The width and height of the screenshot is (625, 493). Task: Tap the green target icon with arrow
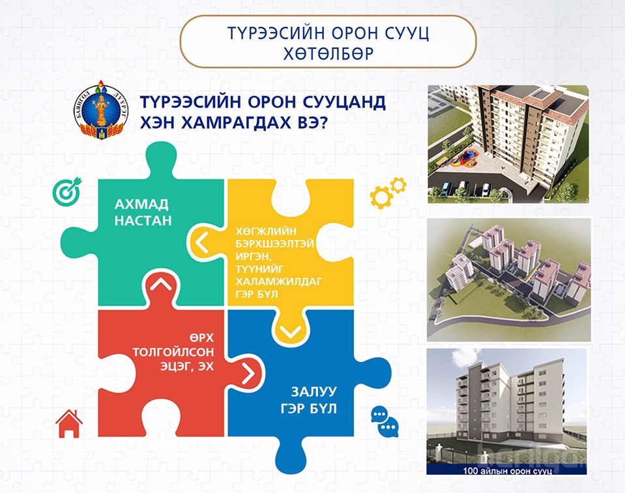tap(67, 191)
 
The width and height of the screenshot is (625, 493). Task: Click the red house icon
tap(69, 424)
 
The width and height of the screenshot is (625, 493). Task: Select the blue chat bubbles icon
tap(385, 422)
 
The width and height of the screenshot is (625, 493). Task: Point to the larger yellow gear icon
tap(381, 198)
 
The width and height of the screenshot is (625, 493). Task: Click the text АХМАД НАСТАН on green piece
tap(143, 212)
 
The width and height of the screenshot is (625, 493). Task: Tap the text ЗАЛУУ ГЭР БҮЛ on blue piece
tap(309, 400)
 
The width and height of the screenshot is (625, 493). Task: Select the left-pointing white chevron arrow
tap(202, 243)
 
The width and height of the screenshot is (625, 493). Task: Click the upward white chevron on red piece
tap(161, 284)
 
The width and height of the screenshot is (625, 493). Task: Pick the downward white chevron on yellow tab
tap(291, 331)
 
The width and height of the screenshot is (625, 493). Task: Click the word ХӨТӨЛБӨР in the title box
tap(328, 53)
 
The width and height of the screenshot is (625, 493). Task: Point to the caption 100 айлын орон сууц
tap(508, 471)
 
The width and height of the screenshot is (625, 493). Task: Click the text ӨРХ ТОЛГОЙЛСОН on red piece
tap(173, 345)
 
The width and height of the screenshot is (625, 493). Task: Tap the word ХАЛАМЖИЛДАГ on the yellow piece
tap(279, 282)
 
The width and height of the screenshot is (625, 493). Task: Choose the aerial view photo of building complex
tap(508, 280)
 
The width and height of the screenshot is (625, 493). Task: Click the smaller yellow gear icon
tap(398, 185)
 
